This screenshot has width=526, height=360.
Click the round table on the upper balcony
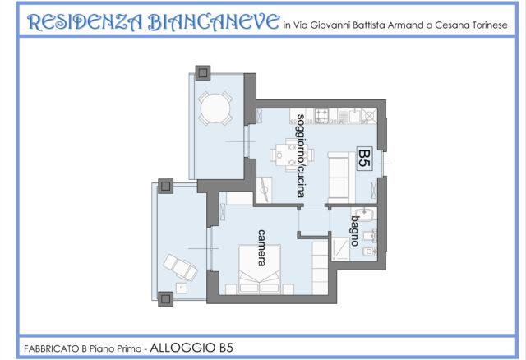tap(215, 109)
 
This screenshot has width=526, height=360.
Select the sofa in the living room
tap(341, 178)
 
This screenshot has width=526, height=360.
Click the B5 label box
tap(364, 159)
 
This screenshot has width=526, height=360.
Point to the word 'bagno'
tap(355, 231)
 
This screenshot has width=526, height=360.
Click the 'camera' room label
tap(261, 247)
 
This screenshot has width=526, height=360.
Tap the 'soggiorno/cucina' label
tap(301, 156)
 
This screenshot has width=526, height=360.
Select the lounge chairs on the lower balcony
tap(180, 267)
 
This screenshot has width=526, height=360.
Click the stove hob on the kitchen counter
tap(321, 115)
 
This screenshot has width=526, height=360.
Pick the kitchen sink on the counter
tap(354, 116)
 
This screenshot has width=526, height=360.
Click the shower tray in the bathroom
tap(341, 249)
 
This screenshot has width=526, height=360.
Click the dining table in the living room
tap(292, 155)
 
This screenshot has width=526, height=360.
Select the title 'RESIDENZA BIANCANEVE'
tap(153, 22)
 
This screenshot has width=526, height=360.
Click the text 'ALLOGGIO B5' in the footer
tap(191, 348)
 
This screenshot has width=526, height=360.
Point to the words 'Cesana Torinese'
tap(471, 25)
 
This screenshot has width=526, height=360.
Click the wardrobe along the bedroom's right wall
tap(320, 268)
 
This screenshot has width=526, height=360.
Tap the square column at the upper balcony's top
tap(203, 73)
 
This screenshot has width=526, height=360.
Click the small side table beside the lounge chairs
tap(182, 288)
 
